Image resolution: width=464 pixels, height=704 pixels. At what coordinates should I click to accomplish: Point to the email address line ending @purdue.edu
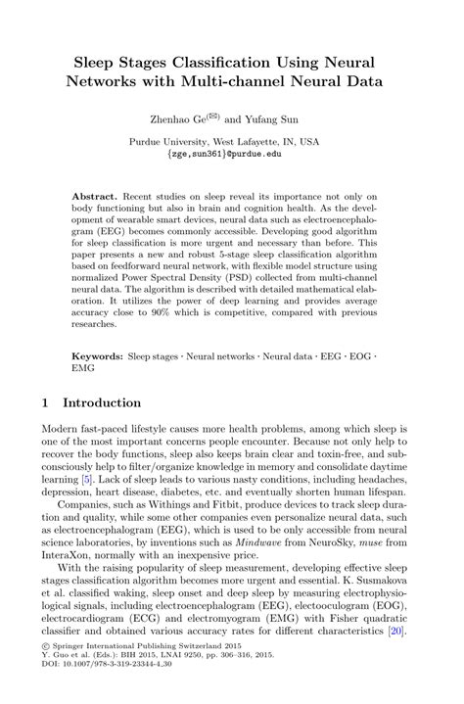231,154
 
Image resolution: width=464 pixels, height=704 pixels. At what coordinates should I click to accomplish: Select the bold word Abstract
96,196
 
